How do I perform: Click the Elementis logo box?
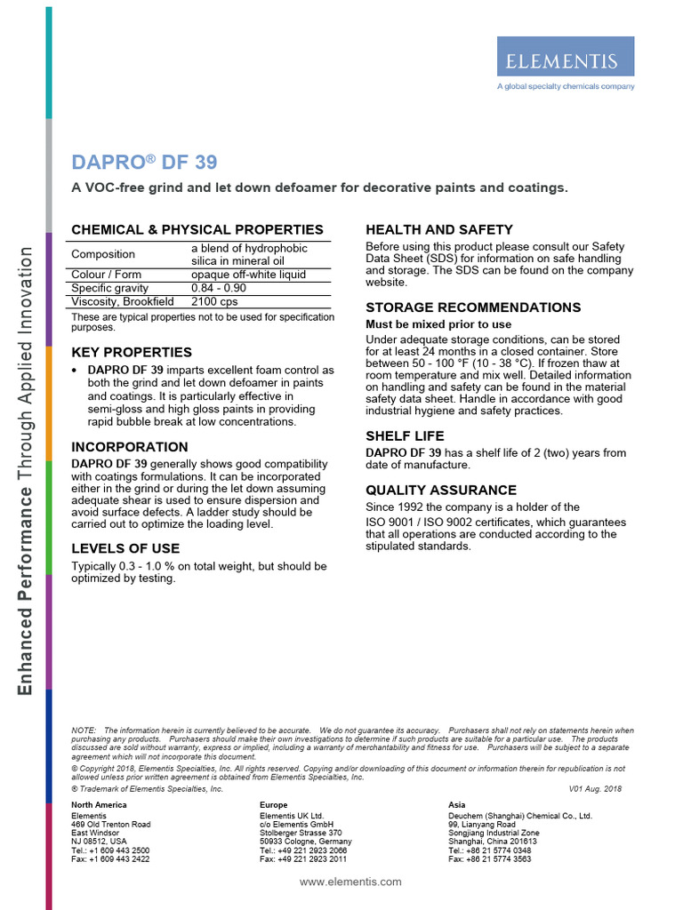point(566,60)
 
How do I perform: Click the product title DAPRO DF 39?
point(143,163)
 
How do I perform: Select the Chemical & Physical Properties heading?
point(197,229)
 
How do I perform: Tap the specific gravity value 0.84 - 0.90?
point(218,289)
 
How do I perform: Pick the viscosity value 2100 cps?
point(214,302)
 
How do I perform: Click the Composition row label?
point(103,254)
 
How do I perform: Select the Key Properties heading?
point(132,352)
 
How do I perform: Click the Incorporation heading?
point(130,447)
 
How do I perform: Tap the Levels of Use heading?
point(125,548)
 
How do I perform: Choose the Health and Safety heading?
point(439,229)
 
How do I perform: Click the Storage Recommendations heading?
point(473,307)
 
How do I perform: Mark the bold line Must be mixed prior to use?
point(438,324)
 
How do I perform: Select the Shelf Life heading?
point(405,436)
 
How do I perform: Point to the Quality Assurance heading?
point(441,490)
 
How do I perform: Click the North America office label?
point(99,804)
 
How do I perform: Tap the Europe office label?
point(274,804)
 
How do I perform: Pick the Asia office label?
point(457,804)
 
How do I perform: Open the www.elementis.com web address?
point(350,882)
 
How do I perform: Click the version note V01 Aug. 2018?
point(595,788)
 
